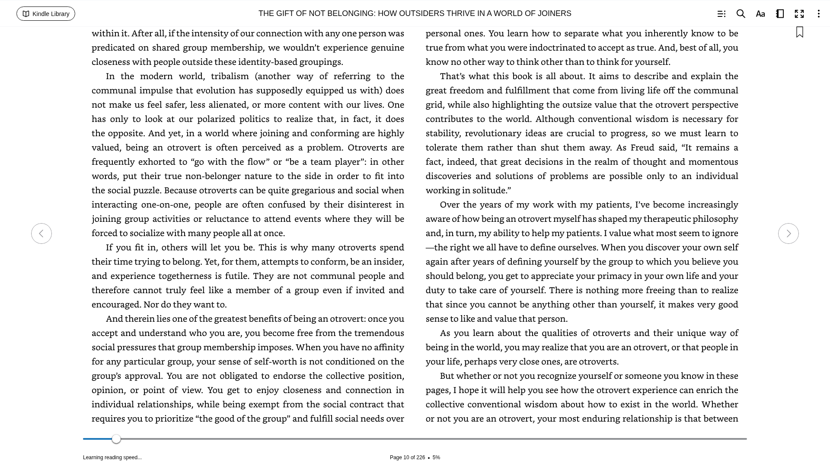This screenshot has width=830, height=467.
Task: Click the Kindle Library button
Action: point(46,14)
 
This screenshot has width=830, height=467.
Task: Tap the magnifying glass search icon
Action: point(741,14)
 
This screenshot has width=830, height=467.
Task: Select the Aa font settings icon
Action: point(760,14)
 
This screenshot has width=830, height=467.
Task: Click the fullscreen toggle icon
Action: point(799,14)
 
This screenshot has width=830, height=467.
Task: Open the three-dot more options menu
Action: point(818,14)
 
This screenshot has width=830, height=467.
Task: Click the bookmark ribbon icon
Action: point(799,32)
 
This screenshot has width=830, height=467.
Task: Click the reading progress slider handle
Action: point(116,439)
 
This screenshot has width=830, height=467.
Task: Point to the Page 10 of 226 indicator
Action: point(407,457)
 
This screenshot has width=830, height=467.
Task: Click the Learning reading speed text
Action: point(112,457)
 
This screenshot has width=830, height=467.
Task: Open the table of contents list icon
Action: point(721,14)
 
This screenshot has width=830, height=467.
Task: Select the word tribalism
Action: point(230,76)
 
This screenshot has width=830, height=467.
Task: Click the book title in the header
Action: point(415,13)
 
